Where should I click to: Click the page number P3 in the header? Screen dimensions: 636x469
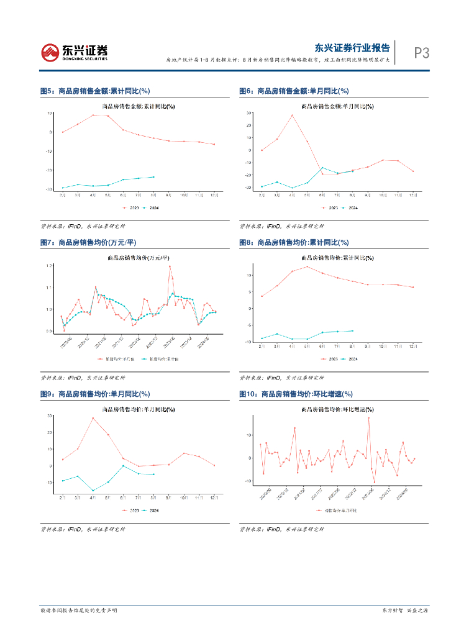422,53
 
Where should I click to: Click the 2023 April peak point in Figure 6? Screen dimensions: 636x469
292,115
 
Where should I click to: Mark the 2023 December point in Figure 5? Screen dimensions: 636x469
214,145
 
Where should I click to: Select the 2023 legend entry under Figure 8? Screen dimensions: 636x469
329,359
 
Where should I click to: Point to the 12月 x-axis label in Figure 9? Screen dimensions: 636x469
214,498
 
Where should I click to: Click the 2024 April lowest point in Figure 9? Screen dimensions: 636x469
93,491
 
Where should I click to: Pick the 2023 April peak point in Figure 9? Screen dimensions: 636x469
93,418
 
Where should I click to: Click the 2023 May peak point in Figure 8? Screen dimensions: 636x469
307,266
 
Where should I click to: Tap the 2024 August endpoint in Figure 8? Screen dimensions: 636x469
353,330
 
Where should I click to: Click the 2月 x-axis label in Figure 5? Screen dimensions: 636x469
62,195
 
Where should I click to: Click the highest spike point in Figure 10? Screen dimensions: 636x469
368,418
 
